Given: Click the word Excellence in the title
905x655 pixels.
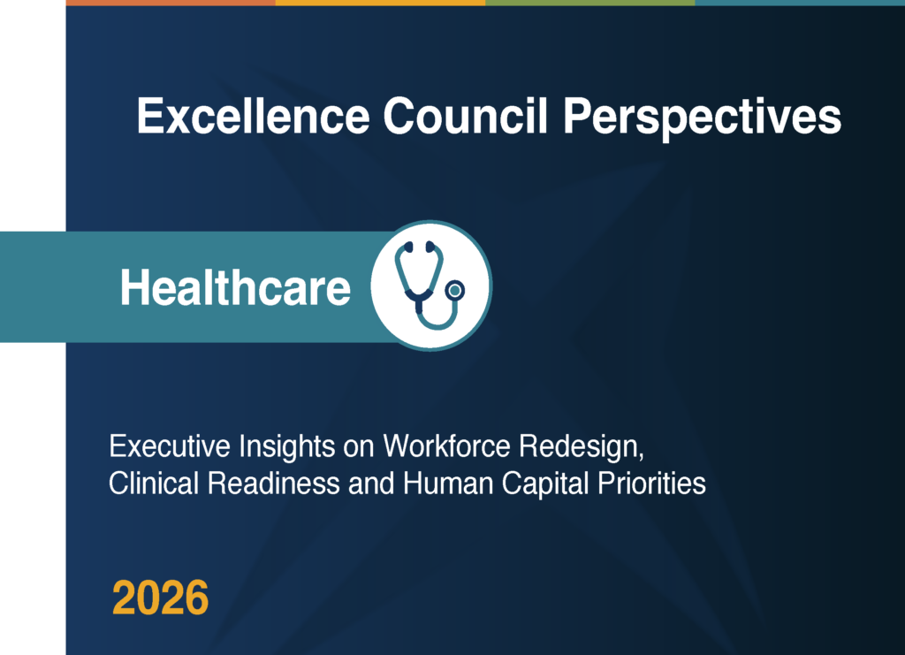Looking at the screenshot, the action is (254, 116).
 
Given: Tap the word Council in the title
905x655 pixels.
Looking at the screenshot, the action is (466, 116).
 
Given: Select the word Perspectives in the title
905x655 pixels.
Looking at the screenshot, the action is (702, 119).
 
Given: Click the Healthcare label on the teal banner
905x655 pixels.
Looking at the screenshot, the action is (235, 287).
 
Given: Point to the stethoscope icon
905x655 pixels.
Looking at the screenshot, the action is (430, 286).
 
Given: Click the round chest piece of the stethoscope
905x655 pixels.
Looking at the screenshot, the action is (455, 290).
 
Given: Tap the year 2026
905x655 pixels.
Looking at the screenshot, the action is (160, 598).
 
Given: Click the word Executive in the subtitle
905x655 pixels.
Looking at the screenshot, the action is (170, 446).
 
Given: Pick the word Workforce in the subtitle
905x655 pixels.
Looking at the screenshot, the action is (446, 446).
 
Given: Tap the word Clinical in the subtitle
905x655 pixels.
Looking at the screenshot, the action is (154, 483).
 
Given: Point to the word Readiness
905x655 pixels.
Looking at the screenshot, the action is (274, 483).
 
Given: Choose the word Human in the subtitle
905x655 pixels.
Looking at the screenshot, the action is (448, 483).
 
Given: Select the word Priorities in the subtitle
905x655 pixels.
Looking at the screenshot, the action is (651, 483).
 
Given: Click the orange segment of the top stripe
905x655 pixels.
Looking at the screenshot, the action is (171, 3).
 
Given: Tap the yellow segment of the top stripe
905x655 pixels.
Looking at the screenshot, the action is (380, 3).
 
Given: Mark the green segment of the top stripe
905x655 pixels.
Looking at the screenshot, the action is (589, 3).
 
